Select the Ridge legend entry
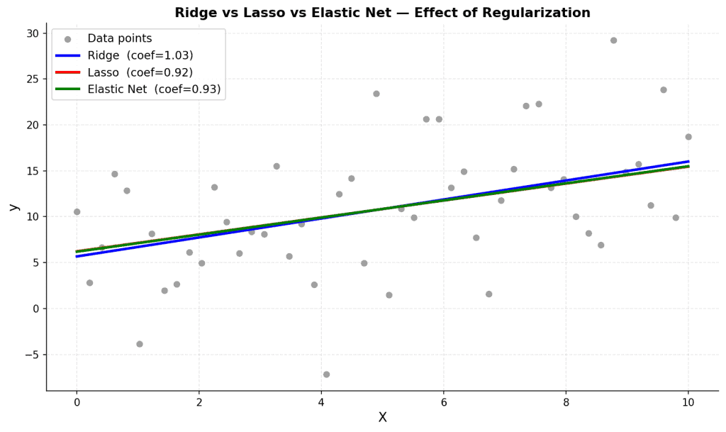click(124, 55)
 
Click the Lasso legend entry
click(124, 72)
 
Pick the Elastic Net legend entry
click(138, 89)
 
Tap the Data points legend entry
click(110, 38)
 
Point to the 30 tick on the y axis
click(33, 33)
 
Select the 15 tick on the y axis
click(33, 171)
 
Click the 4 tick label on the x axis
click(321, 402)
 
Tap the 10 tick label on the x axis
click(688, 402)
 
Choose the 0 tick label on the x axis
click(77, 402)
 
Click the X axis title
click(382, 417)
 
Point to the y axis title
click(14, 207)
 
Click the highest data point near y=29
click(613, 40)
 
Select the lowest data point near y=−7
click(326, 374)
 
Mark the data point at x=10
click(688, 137)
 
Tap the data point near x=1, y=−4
click(140, 344)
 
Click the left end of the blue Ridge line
click(77, 256)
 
